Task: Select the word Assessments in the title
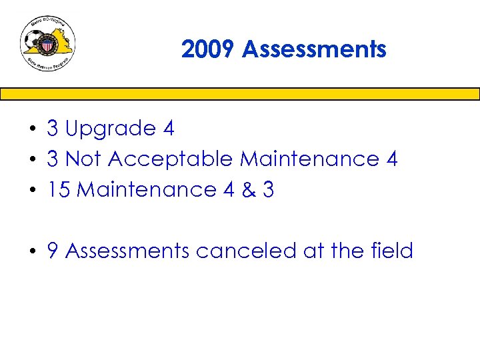tap(314, 49)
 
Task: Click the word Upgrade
tap(111, 129)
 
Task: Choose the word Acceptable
tap(171, 160)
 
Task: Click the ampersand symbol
tap(248, 190)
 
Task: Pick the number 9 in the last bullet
tap(53, 251)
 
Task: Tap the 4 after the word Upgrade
tap(168, 129)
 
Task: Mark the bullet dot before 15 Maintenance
tap(31, 191)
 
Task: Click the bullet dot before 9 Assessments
tap(31, 252)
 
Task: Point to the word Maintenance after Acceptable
tap(309, 159)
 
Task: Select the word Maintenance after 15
tap(147, 190)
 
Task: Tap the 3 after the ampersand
tap(268, 190)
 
